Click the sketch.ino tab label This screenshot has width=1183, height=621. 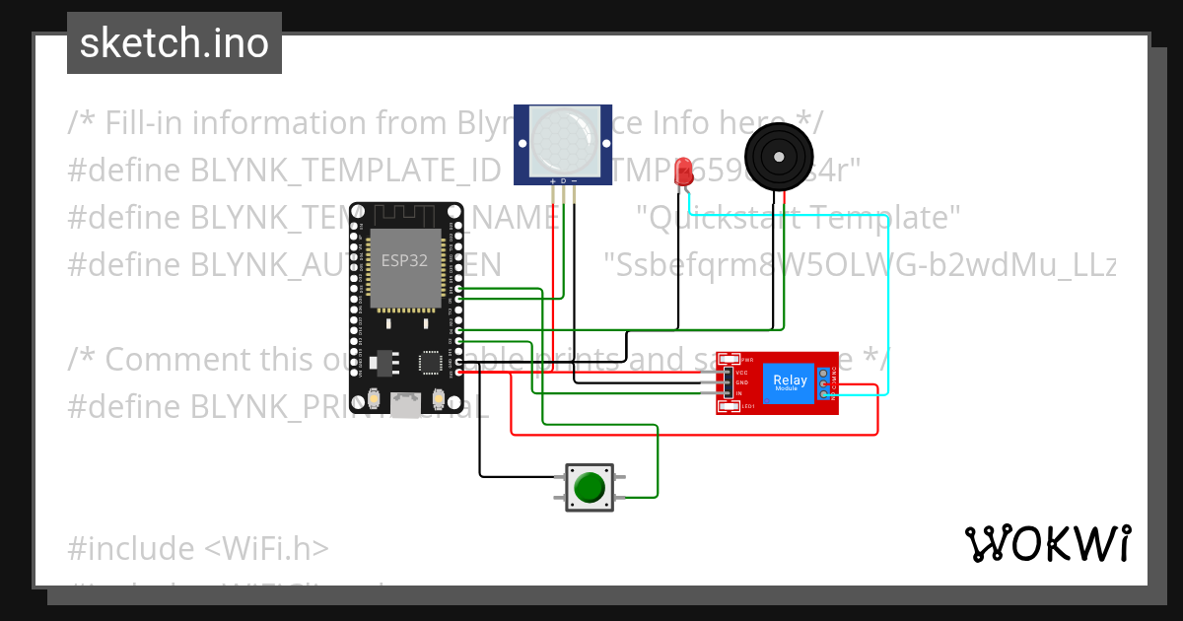click(x=174, y=43)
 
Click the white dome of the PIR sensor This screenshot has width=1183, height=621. click(x=562, y=139)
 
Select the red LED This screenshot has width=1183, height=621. click(x=682, y=172)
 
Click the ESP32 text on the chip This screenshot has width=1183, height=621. click(x=404, y=261)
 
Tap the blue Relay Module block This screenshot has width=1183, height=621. click(x=789, y=382)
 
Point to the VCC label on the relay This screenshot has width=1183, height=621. click(x=741, y=373)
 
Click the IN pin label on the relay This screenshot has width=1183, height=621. click(x=738, y=393)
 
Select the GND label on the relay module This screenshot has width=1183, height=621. click(x=741, y=382)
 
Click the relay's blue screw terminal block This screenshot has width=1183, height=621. click(x=824, y=383)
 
